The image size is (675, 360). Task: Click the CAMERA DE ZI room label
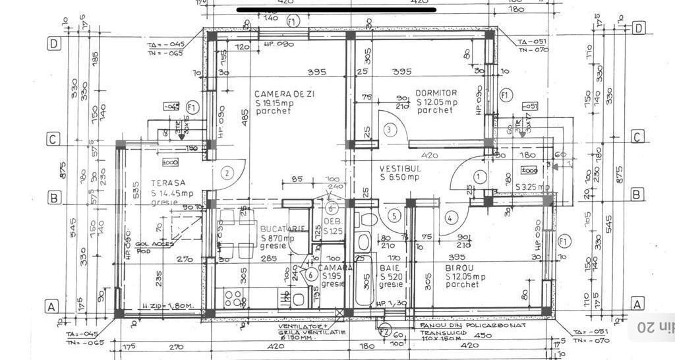tap(284, 94)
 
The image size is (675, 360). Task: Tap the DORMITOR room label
tap(436, 93)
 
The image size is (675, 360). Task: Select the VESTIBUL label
tap(399, 168)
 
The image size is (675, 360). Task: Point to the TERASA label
tap(167, 183)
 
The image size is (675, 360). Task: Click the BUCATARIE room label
tap(283, 228)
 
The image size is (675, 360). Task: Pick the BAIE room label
tap(389, 268)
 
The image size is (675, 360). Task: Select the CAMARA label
tap(335, 268)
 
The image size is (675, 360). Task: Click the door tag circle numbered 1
tap(479, 177)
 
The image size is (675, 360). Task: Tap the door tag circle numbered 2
tap(227, 173)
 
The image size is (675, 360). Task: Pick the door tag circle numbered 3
tap(390, 129)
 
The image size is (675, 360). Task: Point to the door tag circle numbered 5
tap(394, 215)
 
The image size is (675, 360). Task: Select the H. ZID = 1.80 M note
tap(167, 307)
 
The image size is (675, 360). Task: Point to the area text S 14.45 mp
tap(171, 194)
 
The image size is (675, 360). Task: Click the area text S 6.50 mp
tap(399, 177)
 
